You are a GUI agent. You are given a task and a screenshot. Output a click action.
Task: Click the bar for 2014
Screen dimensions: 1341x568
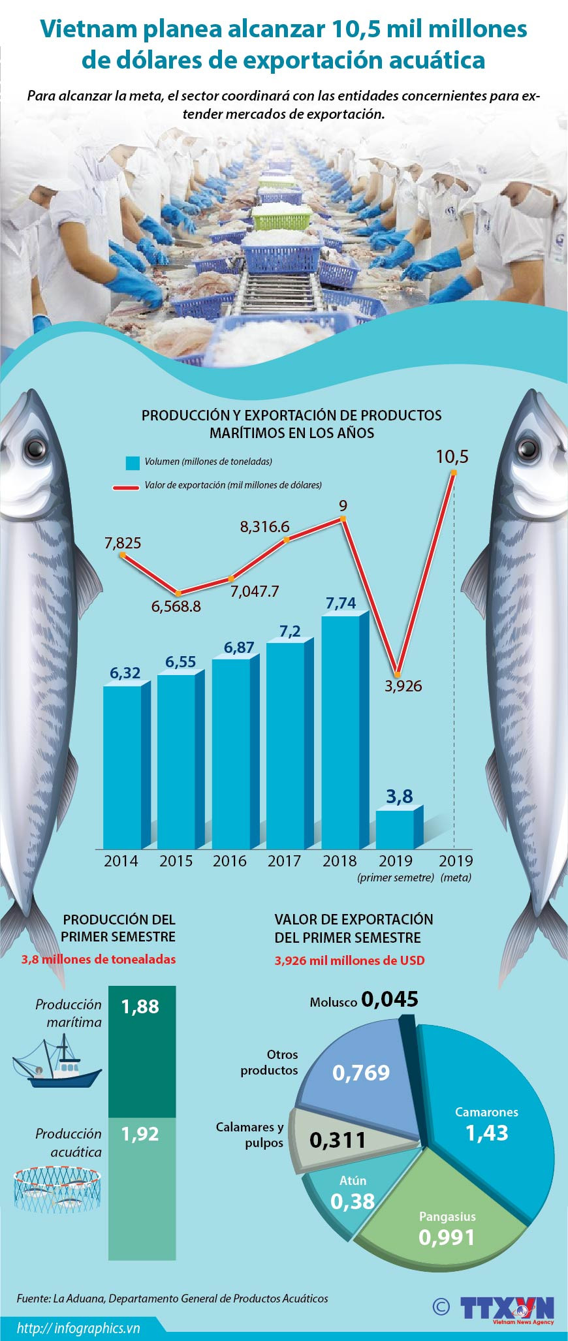point(122,767)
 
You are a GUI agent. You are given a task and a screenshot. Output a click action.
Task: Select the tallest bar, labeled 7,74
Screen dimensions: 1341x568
point(340,731)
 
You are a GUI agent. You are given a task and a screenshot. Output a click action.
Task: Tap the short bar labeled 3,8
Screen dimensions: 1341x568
point(395,829)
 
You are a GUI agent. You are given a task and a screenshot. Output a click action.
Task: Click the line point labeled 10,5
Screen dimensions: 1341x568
point(454,474)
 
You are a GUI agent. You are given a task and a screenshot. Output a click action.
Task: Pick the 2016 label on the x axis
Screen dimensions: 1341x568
point(229,860)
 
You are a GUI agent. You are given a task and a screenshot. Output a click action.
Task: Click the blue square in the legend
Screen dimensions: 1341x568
point(133,463)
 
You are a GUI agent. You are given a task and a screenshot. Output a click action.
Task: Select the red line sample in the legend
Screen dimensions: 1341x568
point(125,486)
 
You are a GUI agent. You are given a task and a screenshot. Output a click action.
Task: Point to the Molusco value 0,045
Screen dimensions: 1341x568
point(390,1000)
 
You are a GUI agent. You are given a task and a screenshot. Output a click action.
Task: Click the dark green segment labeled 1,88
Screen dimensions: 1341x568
point(142,1051)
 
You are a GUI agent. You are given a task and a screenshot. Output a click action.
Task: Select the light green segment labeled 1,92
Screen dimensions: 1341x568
point(142,1188)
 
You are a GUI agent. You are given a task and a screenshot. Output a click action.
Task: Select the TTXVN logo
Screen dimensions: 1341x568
point(507,1305)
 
